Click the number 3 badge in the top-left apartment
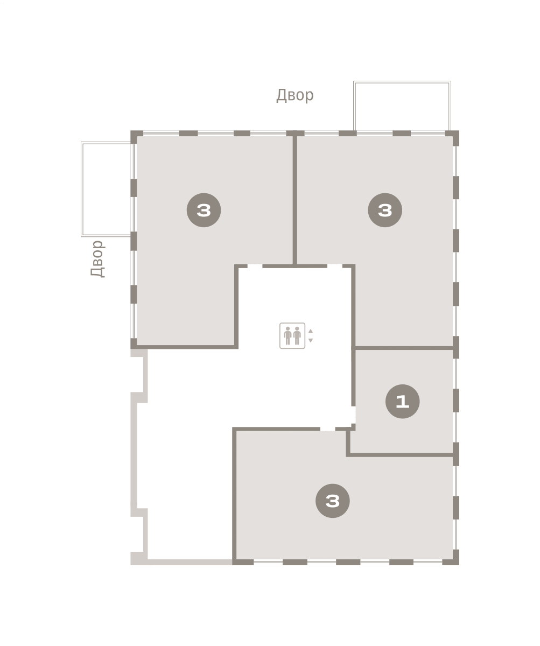[204, 210]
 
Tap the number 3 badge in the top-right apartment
[385, 210]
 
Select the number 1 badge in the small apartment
[403, 401]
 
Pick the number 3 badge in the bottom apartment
[333, 501]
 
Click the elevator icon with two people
[292, 336]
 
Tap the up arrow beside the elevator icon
[311, 332]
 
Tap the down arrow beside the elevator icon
[311, 340]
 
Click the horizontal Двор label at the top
[295, 95]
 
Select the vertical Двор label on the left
[97, 258]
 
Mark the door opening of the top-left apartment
[255, 266]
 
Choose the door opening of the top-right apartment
[335, 266]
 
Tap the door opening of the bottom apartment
[328, 429]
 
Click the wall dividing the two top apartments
[295, 200]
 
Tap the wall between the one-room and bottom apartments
[400, 455]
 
